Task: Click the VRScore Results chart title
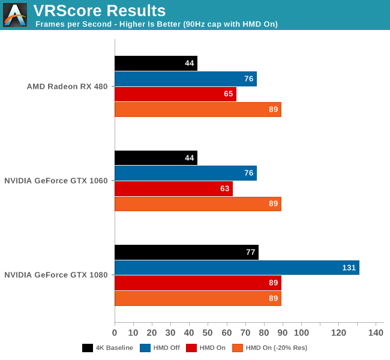click(x=100, y=10)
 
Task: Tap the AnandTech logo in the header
click(x=14, y=15)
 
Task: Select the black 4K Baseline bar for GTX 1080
click(x=186, y=252)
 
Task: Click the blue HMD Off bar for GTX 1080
click(x=236, y=268)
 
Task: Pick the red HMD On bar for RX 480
click(x=175, y=94)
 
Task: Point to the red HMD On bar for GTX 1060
click(x=173, y=188)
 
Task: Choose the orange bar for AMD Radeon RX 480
click(x=197, y=110)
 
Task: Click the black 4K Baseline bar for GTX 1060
click(x=155, y=158)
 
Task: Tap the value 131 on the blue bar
click(x=349, y=268)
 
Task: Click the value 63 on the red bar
click(x=225, y=188)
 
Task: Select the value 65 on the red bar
click(x=229, y=94)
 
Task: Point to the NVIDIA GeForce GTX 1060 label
click(x=56, y=181)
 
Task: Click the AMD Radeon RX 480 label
click(x=67, y=86)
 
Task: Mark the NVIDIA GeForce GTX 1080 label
click(x=56, y=275)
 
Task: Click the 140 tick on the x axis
click(x=376, y=332)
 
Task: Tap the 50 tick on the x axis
click(x=208, y=332)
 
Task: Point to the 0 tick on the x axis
click(x=115, y=332)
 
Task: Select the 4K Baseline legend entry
click(x=108, y=347)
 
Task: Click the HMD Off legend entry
click(x=160, y=347)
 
